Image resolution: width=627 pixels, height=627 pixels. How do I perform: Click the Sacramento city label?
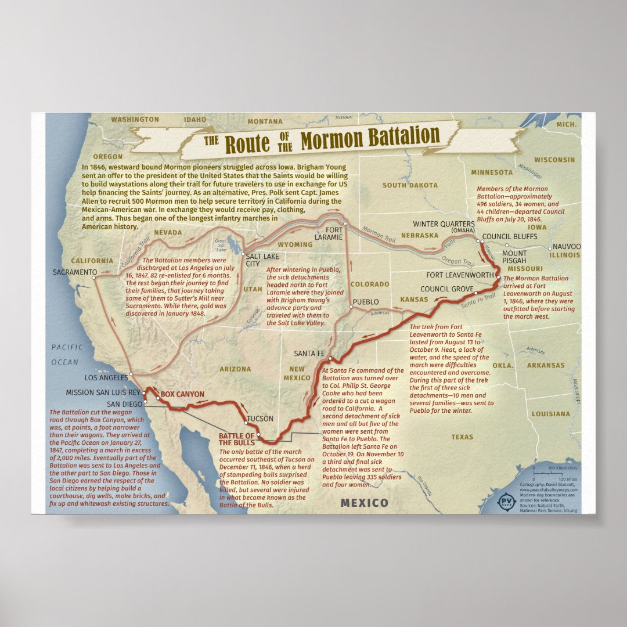click(x=74, y=272)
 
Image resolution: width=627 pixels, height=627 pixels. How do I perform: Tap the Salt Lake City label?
click(x=262, y=260)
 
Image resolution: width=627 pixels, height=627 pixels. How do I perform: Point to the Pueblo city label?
click(x=365, y=302)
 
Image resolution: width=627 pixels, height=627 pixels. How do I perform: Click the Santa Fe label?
click(x=309, y=353)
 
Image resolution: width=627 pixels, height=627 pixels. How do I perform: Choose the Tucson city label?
click(x=260, y=418)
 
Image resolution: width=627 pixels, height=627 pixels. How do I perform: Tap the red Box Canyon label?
click(x=182, y=394)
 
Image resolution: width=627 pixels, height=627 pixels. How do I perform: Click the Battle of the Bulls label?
click(x=236, y=439)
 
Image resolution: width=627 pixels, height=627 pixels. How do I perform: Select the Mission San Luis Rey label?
click(x=102, y=392)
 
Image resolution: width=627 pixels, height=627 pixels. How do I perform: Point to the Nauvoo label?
click(x=566, y=247)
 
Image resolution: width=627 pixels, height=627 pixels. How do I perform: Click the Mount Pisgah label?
click(x=514, y=257)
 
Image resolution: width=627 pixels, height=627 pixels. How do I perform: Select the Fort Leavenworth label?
click(x=459, y=275)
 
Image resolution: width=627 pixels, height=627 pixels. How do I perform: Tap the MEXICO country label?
click(x=364, y=502)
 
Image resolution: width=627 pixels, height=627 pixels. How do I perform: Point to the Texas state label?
click(x=462, y=437)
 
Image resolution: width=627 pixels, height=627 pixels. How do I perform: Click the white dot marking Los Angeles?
click(x=131, y=375)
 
